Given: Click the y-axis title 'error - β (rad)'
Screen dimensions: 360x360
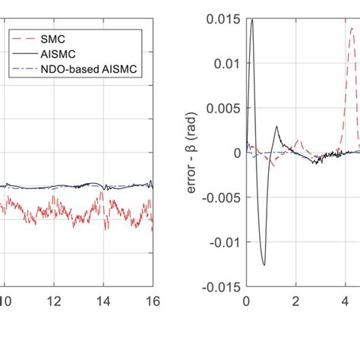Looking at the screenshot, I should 195,152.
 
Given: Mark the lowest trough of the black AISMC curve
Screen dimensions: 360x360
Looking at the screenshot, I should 264,264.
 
